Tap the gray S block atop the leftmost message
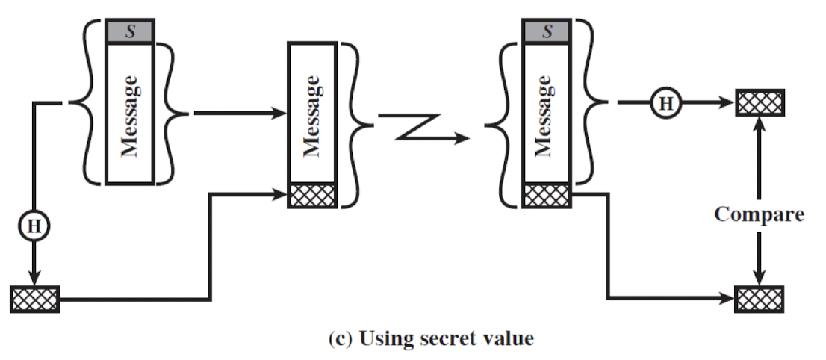[x=131, y=31]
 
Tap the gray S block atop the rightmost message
[x=547, y=31]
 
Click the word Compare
[x=759, y=215]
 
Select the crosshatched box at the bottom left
[x=35, y=299]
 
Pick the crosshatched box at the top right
[x=759, y=102]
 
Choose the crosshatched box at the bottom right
[x=759, y=299]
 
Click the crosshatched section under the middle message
[x=314, y=195]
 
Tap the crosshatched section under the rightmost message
[x=547, y=195]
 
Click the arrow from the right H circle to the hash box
[x=706, y=103]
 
